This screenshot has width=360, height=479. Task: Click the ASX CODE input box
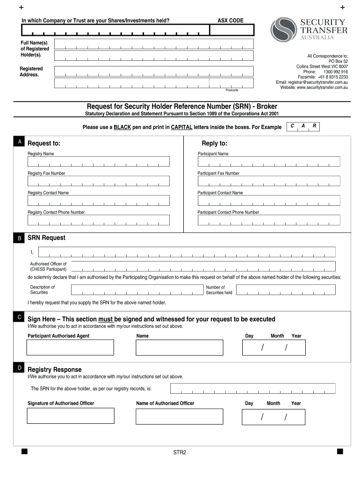(231, 30)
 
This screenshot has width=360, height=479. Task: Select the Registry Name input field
(98, 161)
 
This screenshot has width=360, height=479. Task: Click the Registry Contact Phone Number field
(98, 220)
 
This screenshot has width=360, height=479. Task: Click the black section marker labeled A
(19, 141)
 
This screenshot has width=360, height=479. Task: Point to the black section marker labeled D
(19, 368)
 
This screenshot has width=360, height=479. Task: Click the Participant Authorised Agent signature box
(70, 348)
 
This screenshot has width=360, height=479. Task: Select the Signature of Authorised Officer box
(70, 415)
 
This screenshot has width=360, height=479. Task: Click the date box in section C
(274, 348)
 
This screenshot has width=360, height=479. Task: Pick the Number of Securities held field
(286, 290)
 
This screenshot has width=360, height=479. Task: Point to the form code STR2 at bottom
(180, 452)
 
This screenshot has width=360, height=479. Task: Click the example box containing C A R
(303, 127)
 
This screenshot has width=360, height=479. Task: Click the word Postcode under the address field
(231, 90)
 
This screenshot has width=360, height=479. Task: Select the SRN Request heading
(46, 238)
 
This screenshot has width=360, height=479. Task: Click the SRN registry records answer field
(252, 389)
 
